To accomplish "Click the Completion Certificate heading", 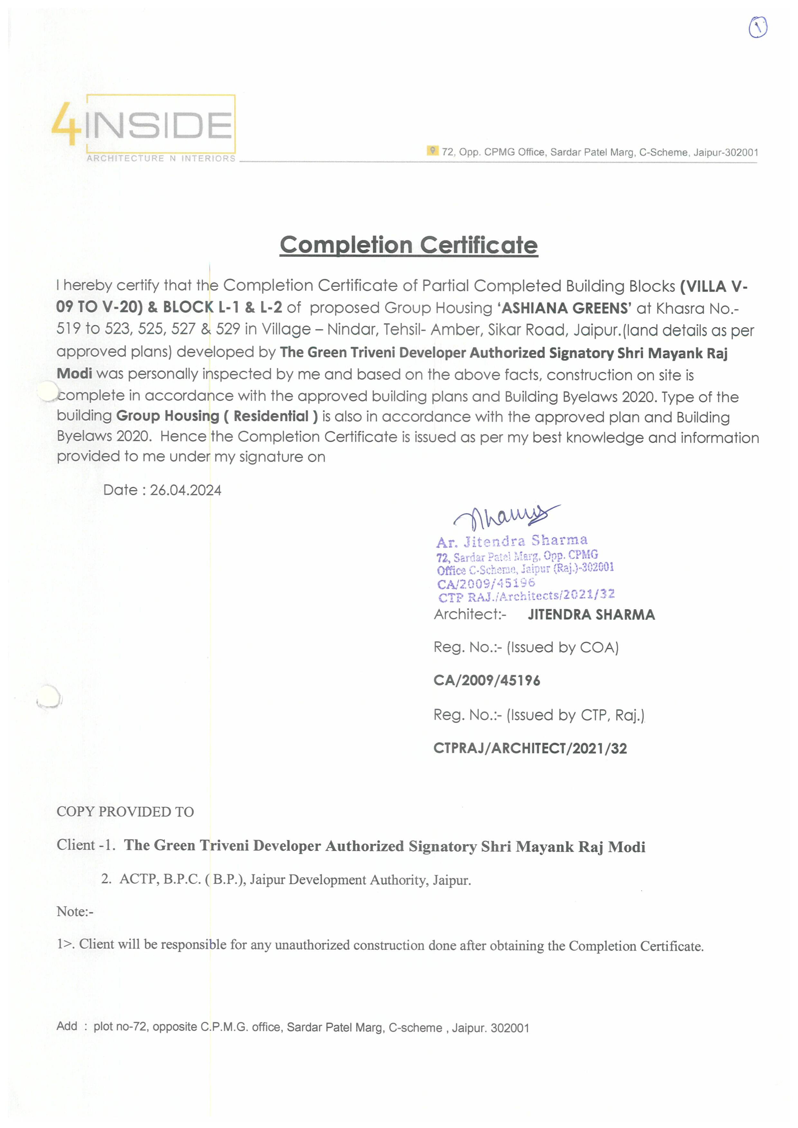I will click(x=409, y=245).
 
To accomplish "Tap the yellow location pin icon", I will click(x=432, y=150).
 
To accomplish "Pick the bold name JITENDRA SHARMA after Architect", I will click(x=591, y=614).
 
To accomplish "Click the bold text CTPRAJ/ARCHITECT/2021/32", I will click(x=530, y=748).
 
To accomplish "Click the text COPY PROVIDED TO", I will click(x=125, y=812).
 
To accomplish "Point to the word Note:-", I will click(x=75, y=911).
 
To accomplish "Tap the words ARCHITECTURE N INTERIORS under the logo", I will click(x=161, y=158).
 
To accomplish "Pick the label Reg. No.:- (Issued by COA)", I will click(x=525, y=648).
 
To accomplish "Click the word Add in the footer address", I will click(x=67, y=1026).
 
